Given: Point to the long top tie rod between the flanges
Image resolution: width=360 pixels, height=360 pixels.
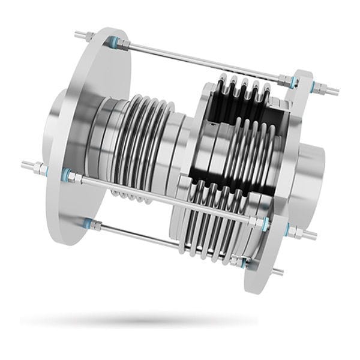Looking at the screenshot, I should [198, 61].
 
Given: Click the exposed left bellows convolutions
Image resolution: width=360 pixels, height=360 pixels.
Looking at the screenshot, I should [147, 144].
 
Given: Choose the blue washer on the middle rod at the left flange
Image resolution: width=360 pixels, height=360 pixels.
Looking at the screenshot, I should [65, 175].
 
